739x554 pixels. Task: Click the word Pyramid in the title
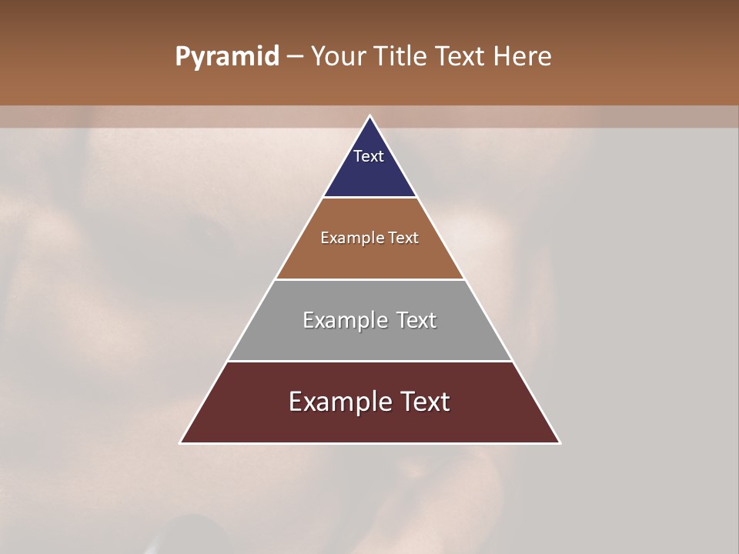tap(226, 57)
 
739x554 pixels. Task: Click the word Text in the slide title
tap(463, 57)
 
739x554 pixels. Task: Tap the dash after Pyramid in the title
tap(295, 57)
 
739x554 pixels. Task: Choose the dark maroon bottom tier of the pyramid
tap(369, 423)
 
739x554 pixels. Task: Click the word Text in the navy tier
tap(369, 156)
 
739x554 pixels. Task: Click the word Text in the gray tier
tap(416, 320)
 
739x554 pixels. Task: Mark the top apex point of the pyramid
tap(369, 116)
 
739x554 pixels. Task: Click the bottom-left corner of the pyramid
tap(181, 442)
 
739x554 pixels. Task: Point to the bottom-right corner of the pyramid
tap(560, 442)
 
